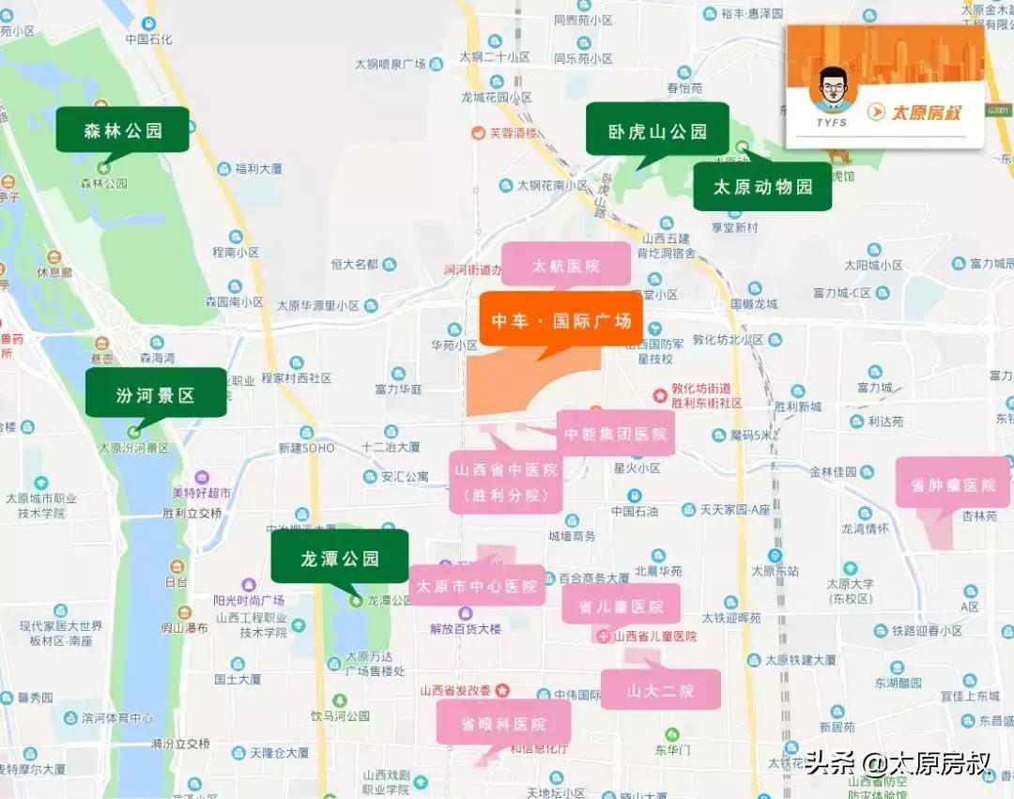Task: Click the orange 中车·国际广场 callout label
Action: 561,320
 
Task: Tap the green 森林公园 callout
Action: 123,131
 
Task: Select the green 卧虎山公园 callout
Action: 657,131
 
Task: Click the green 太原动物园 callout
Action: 762,186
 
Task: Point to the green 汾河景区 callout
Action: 156,394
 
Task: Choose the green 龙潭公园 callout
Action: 340,558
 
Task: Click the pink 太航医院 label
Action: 565,266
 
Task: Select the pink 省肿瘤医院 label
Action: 952,484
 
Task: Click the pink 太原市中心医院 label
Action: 477,586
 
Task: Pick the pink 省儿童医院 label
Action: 621,607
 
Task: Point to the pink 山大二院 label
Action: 660,690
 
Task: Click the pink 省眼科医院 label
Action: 503,723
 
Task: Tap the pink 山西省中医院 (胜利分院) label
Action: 505,482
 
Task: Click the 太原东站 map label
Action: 775,570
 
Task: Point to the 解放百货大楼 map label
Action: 466,628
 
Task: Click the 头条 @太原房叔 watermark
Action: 898,761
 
